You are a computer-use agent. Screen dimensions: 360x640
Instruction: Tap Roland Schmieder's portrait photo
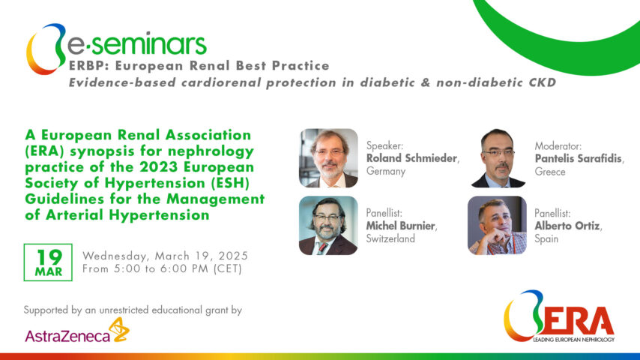328,158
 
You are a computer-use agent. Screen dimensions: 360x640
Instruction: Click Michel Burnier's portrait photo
328,226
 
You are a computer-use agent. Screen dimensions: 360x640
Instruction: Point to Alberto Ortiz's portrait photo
498,226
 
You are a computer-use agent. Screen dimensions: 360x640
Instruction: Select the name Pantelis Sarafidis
579,158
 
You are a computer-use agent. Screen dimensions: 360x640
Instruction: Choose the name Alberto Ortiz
568,226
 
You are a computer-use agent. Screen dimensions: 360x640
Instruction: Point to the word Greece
550,172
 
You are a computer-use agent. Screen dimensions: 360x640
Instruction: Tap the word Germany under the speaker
386,172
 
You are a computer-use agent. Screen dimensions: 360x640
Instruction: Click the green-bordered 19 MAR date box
48,261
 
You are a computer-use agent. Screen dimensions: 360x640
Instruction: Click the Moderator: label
558,145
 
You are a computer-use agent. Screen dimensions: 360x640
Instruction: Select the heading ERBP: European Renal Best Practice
199,66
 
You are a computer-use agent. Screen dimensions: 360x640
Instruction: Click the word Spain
548,238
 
